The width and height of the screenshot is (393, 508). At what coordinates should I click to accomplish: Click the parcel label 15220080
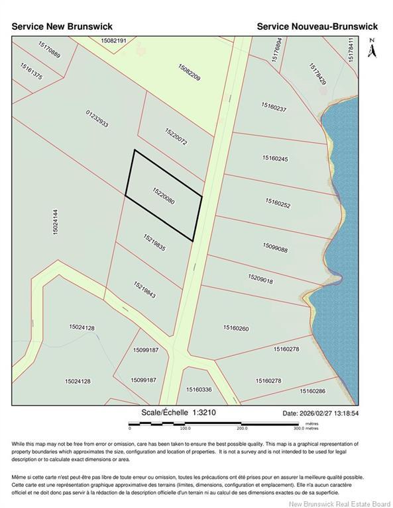click(x=163, y=196)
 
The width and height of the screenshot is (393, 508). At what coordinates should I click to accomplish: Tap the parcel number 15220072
click(x=176, y=137)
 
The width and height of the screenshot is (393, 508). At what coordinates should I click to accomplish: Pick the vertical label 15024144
click(x=55, y=230)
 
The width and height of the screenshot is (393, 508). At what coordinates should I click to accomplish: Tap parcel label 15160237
click(x=274, y=108)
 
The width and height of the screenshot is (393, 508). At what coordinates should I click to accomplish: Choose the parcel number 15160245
click(x=275, y=158)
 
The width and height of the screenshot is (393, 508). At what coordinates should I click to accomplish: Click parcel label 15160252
click(x=278, y=203)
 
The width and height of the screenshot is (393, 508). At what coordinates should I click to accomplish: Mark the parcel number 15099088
click(x=274, y=249)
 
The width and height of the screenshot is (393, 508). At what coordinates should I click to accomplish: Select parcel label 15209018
click(x=260, y=280)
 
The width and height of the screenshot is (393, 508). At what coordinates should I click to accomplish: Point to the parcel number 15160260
click(x=235, y=328)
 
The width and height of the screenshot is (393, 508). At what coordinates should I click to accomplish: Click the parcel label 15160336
click(x=199, y=390)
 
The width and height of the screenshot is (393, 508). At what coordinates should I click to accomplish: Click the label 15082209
click(x=189, y=77)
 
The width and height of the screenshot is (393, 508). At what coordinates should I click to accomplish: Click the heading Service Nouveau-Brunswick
click(x=317, y=26)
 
